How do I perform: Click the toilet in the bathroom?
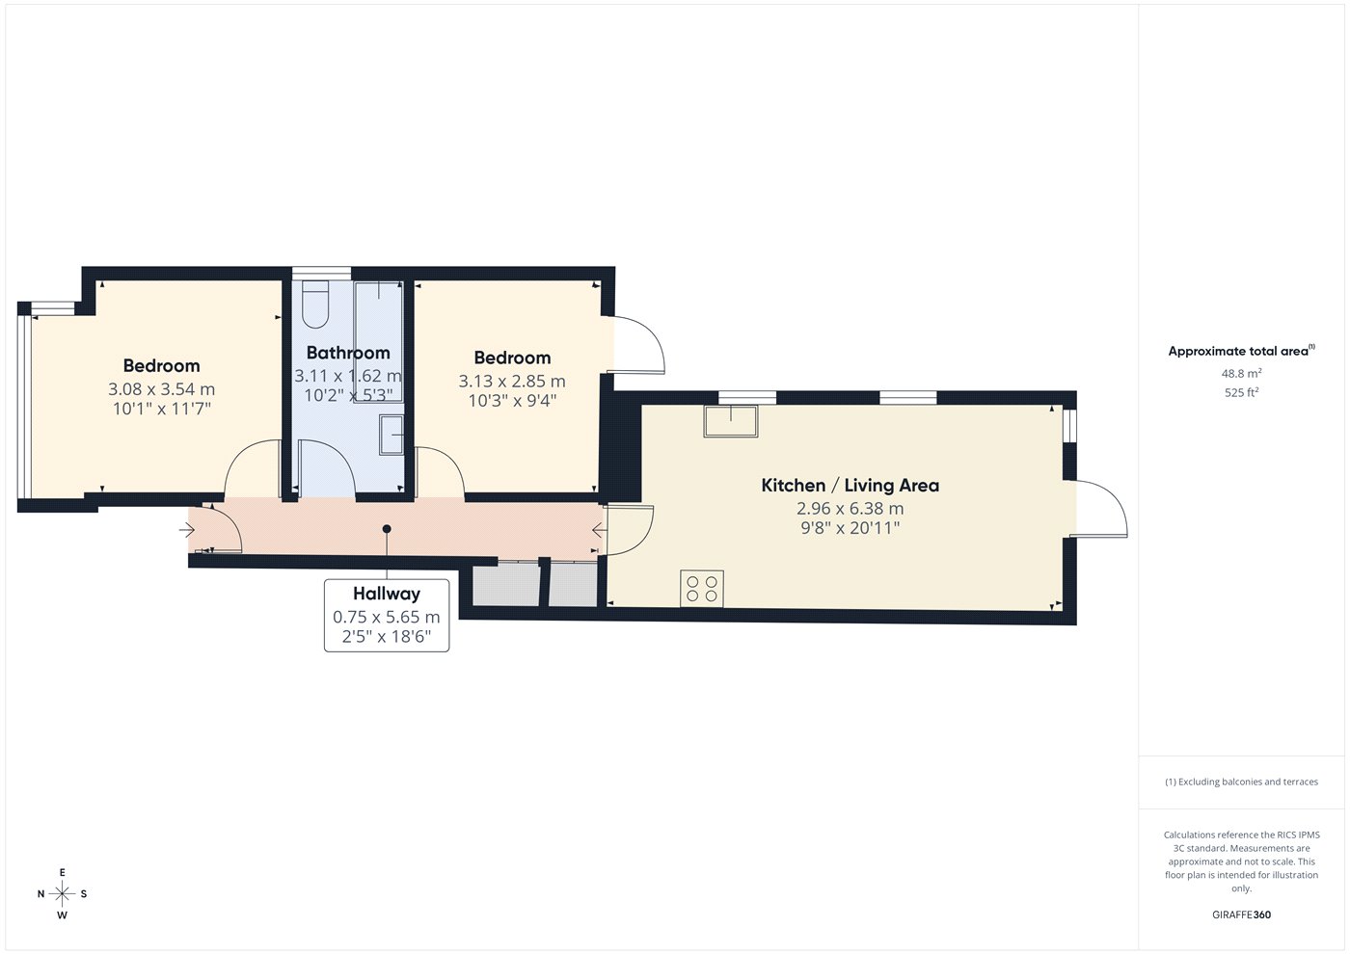coord(315,305)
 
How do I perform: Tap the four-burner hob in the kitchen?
coord(702,589)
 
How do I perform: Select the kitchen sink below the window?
coord(731,421)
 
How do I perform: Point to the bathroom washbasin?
coord(391,435)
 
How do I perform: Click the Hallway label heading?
coord(387,594)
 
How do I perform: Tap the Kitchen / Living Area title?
coord(850,486)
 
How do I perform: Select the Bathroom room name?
coord(348,353)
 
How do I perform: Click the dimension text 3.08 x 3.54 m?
coord(162,389)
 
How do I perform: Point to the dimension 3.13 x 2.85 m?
coord(512,382)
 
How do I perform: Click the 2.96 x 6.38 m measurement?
coord(850,509)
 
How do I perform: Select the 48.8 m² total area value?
coord(1242,374)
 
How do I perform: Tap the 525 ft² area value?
coord(1242,393)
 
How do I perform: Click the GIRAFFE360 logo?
coord(1242,914)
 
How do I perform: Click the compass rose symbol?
coord(62,894)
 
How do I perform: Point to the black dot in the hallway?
coord(387,529)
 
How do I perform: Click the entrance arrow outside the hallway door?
coord(187,530)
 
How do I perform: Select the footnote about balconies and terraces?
coord(1242,782)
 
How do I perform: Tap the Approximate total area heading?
coord(1242,351)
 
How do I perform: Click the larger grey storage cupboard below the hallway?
coord(505,584)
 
